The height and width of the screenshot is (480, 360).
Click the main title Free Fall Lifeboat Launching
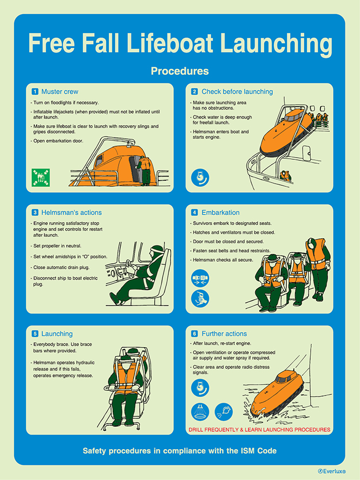tap(180, 43)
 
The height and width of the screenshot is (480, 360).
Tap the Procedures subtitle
tap(180, 71)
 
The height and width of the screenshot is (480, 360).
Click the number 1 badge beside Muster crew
tap(35, 92)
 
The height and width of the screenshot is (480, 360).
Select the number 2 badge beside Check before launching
tap(194, 92)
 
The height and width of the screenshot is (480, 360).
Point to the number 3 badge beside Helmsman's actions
tap(35, 212)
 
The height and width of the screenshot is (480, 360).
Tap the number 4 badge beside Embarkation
tap(194, 212)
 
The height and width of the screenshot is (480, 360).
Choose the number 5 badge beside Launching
tap(35, 334)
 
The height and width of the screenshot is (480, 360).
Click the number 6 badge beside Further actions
tap(194, 334)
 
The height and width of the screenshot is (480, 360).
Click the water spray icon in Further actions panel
tap(200, 412)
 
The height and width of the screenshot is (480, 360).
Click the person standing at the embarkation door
tap(144, 170)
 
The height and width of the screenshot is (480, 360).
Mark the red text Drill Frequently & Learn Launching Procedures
tap(259, 430)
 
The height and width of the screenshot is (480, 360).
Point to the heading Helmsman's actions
tap(70, 212)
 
